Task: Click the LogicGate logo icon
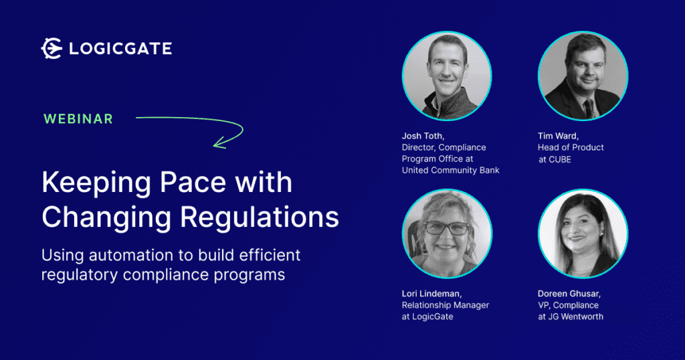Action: [52, 48]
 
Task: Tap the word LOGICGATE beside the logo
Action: [120, 48]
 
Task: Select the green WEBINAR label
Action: [78, 119]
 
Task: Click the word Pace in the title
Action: [193, 182]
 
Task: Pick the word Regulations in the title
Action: [260, 217]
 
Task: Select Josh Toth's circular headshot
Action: [446, 76]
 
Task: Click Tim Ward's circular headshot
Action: [583, 76]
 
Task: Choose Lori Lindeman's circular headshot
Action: [446, 234]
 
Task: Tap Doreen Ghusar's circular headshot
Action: [583, 234]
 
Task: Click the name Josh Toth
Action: [423, 136]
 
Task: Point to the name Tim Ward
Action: [557, 136]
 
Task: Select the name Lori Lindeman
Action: [431, 294]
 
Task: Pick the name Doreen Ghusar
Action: [569, 294]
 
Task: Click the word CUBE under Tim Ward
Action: [560, 159]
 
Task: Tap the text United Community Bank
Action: [450, 171]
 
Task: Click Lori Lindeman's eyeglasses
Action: [446, 228]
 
